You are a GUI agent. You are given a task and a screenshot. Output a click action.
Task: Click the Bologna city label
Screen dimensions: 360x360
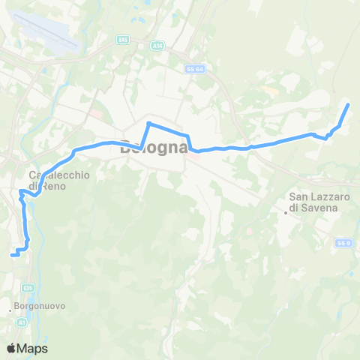point(154,147)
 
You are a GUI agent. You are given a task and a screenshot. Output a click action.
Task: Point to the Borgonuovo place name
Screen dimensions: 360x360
point(38,306)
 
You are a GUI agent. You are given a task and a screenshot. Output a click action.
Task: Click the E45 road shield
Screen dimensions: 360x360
point(123,39)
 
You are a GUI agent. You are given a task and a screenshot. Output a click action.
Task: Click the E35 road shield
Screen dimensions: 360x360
point(28,287)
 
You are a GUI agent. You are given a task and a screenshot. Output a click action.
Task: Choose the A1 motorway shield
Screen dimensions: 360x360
point(20,322)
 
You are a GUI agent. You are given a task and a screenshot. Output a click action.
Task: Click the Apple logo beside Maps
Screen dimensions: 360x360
point(11,348)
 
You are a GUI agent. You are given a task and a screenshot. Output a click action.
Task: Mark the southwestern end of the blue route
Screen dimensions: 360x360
point(11,256)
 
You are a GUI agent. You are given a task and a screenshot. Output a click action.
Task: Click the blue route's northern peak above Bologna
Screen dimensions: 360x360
point(149,122)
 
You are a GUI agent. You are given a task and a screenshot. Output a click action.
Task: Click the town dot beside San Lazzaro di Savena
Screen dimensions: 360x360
point(286,212)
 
